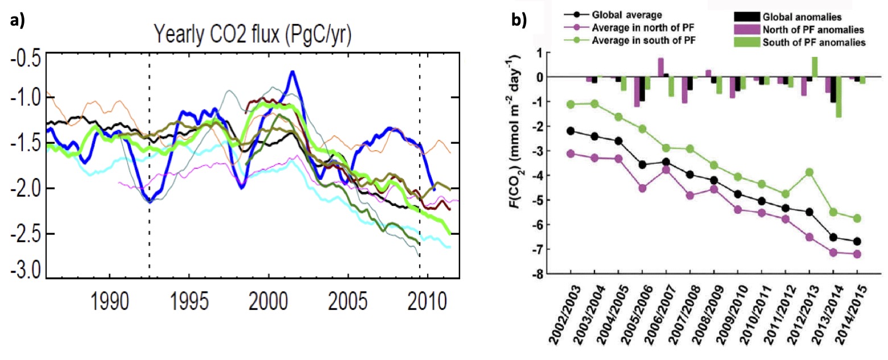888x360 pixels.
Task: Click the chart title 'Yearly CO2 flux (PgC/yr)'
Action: (x=251, y=37)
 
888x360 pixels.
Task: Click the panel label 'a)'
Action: (x=18, y=22)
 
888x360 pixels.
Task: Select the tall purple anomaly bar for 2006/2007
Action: (x=660, y=67)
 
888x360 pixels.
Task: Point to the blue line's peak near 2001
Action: (x=292, y=72)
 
